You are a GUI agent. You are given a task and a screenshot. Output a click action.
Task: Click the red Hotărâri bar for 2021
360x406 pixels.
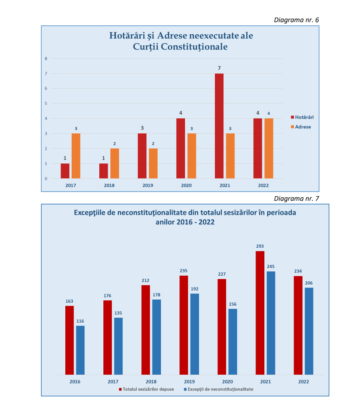coord(219,126)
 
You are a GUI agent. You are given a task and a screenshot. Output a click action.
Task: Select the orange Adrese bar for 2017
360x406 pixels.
coord(76,156)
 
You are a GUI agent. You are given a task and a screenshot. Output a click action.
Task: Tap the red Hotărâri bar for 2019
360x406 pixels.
coord(142,156)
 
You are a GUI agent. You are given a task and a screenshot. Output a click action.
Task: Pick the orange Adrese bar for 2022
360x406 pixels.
coord(268,148)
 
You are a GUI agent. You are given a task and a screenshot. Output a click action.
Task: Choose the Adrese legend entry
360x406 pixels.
coord(302,127)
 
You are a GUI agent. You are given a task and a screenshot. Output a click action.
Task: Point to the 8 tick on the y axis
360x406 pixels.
coord(46,58)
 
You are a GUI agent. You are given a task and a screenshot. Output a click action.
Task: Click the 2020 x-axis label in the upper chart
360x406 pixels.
coord(186,185)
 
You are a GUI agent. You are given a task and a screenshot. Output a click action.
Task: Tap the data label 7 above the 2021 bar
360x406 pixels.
coord(219,68)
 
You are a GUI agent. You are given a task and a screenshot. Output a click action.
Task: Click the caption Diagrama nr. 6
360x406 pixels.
coord(296,20)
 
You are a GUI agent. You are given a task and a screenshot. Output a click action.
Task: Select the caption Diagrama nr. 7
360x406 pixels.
coord(296,199)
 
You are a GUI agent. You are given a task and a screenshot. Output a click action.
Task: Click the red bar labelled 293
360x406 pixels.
coord(260,313)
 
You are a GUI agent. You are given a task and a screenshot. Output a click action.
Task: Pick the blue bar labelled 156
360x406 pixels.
coord(233,341)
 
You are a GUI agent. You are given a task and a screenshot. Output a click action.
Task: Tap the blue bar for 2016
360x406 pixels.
coord(80,350)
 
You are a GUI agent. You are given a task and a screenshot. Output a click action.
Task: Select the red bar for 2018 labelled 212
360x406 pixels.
coord(145,330)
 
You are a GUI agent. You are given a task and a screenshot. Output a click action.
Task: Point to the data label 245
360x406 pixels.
coord(271,266)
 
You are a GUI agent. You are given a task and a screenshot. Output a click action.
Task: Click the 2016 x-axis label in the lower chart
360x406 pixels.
coord(75,382)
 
